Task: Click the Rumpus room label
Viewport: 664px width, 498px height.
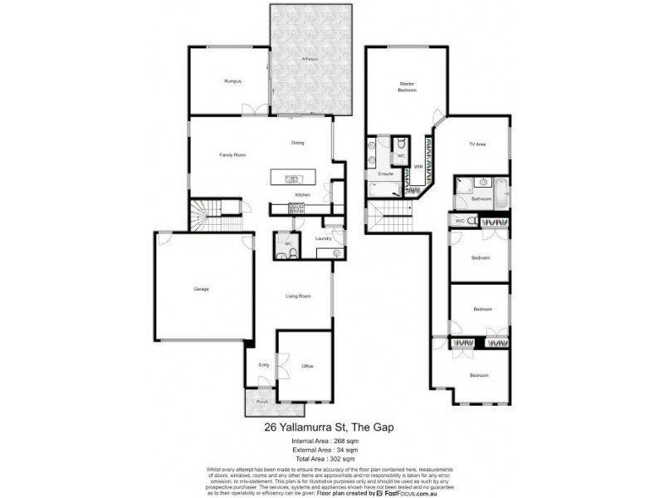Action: [232, 81]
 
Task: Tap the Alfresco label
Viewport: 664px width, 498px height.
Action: [310, 60]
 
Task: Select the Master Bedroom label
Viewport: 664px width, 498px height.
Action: [407, 86]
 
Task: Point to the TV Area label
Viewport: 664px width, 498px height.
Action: [476, 144]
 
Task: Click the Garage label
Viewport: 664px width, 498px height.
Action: [201, 289]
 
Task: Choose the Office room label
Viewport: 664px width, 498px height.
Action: [307, 366]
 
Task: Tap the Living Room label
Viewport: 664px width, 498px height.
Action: [298, 295]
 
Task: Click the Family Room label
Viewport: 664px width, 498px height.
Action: [232, 155]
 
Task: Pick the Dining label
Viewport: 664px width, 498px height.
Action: [297, 143]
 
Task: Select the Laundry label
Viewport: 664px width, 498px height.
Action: [323, 239]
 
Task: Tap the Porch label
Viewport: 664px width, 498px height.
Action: [261, 402]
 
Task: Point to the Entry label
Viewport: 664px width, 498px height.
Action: [264, 365]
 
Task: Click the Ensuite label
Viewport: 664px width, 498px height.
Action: [385, 174]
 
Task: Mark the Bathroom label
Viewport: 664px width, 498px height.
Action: [481, 199]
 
